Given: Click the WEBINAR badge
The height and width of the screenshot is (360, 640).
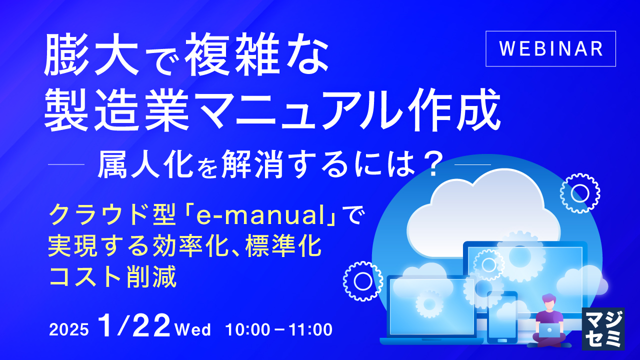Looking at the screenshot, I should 550,48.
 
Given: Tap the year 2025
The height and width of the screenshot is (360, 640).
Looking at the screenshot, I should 69,330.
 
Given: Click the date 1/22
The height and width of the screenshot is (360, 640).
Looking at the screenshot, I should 134,326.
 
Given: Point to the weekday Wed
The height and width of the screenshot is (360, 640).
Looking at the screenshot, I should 193,330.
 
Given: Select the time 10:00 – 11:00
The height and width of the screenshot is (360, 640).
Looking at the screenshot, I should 279,330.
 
